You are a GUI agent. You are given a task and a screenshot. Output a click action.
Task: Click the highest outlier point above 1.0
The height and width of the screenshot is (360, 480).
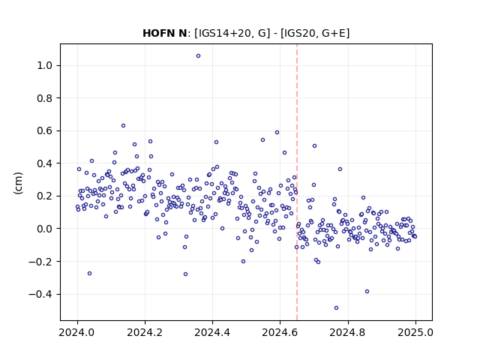click(x=198, y=56)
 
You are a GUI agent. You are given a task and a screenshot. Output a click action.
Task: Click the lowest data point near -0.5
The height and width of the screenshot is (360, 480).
click(x=336, y=308)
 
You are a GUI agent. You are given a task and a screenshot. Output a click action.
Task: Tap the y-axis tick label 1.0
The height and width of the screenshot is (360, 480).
click(x=44, y=65)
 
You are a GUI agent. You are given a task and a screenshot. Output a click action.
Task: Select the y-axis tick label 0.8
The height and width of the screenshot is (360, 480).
click(x=44, y=98)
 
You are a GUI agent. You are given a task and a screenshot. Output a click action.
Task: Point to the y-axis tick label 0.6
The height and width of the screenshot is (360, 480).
click(x=44, y=130)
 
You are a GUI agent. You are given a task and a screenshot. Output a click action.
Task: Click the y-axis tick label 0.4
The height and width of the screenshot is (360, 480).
click(x=44, y=163)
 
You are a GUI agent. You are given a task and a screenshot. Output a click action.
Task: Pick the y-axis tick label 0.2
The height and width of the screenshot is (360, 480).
click(x=44, y=196)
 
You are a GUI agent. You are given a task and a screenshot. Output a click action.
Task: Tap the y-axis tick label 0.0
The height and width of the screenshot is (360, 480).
click(x=44, y=229)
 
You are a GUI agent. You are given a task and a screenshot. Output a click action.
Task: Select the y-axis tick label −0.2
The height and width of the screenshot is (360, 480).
click(x=40, y=262)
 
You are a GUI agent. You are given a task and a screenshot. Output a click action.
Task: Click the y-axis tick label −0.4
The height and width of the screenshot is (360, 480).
click(x=40, y=294)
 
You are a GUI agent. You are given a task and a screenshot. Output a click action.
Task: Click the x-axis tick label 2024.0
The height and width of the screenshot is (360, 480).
click(x=77, y=332)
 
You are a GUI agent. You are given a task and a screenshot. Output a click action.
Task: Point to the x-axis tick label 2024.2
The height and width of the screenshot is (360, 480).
click(x=145, y=332)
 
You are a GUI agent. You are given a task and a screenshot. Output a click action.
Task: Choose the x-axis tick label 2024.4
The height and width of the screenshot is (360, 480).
click(x=212, y=332)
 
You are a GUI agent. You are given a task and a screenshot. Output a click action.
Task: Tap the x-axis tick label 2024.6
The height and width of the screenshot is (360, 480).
click(x=280, y=332)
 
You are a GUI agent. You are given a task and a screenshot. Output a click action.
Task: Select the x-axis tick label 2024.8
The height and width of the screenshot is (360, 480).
click(x=347, y=332)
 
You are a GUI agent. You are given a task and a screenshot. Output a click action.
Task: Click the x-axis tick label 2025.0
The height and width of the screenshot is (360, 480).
click(x=415, y=332)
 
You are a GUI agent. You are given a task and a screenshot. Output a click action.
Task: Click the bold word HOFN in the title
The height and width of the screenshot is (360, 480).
click(x=158, y=33)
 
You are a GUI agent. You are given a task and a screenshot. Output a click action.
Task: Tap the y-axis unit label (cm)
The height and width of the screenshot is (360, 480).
click(x=18, y=183)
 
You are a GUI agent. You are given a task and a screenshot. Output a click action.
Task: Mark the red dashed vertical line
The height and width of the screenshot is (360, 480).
click(x=297, y=182)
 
